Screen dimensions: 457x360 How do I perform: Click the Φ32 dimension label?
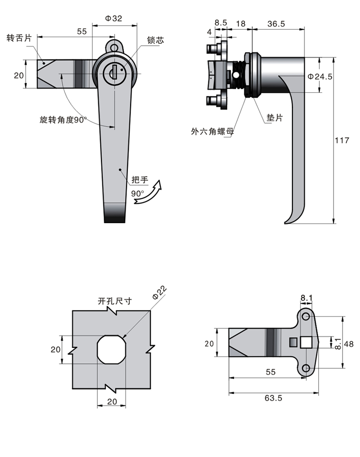pos(113,18)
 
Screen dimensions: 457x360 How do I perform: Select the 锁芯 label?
pos(155,40)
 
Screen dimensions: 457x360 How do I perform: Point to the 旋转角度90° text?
pos(63,120)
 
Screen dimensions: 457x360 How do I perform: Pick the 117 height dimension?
pos(343,140)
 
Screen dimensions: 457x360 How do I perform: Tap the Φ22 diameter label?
pos(160,292)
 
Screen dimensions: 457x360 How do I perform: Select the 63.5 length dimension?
pos(273,398)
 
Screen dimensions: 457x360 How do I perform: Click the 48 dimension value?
pos(349,344)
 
